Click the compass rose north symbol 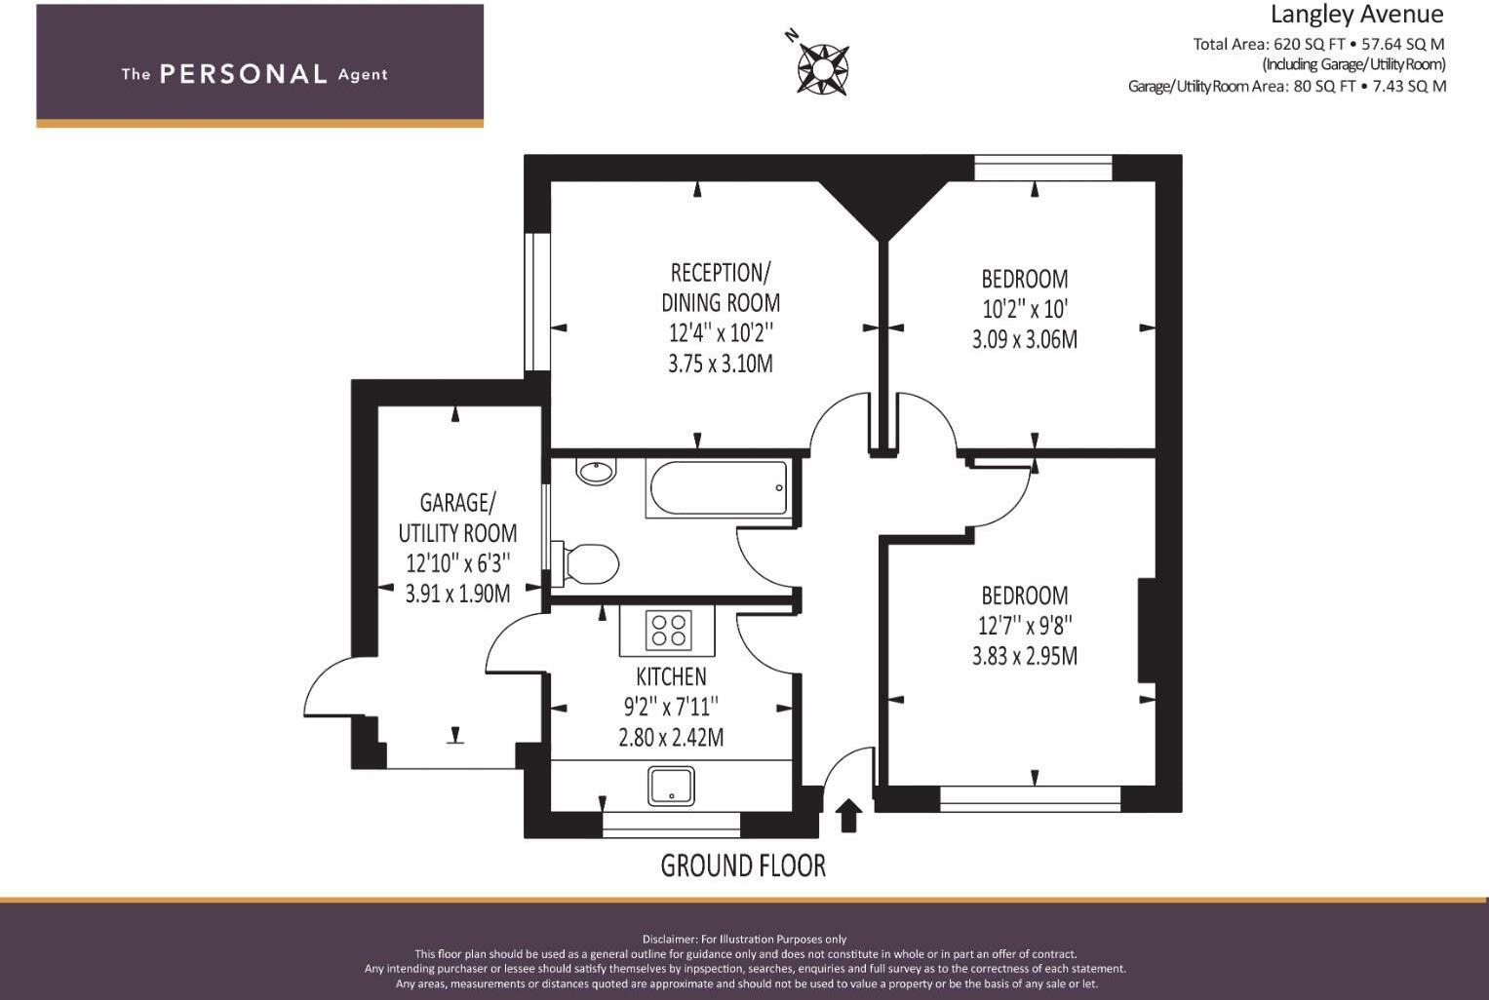[822, 68]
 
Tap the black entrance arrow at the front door [848, 815]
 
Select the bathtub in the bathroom [717, 488]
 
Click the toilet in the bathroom [588, 564]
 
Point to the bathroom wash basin [596, 473]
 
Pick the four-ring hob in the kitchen [668, 631]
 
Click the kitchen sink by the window [672, 787]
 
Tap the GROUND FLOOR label [743, 865]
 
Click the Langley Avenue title [1356, 15]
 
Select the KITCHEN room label [671, 676]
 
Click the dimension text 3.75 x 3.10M [720, 364]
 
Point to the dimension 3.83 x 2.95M [1024, 656]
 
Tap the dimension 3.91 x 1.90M [457, 594]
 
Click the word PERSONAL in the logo [243, 74]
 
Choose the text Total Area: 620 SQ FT [1267, 44]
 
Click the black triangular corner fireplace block [882, 200]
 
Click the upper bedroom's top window [1043, 169]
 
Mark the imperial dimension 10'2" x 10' [1024, 309]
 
